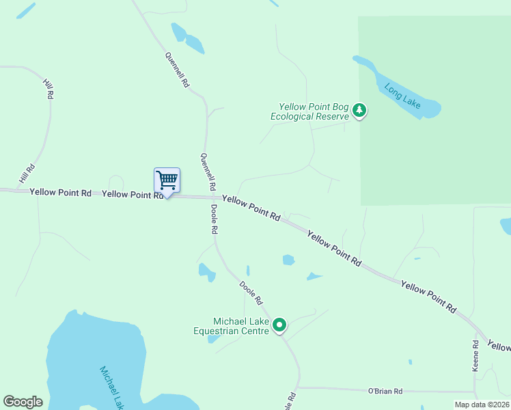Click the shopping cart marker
point(167,181)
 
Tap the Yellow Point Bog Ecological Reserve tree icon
point(360,111)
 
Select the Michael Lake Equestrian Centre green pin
point(279,325)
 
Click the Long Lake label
point(402,96)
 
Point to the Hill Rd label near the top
point(48,90)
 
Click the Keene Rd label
point(476,355)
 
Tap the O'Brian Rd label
point(385,392)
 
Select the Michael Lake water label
point(111,387)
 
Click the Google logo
point(23,402)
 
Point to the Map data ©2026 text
point(482,405)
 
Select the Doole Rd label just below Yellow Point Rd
point(214,219)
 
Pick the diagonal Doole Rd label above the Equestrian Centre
point(251,292)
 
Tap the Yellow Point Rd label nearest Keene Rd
point(428,297)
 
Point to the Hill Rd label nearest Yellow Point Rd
point(27,174)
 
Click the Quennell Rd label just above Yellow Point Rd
point(208,172)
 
